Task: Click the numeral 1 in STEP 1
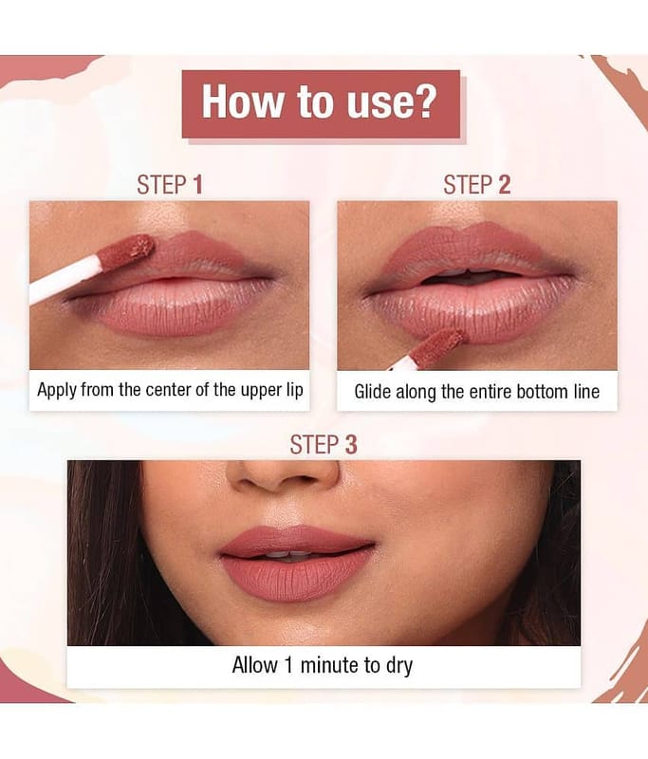197,184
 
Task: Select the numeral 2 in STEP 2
505,184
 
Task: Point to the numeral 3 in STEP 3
351,444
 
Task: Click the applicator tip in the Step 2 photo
436,346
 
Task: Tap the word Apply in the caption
57,390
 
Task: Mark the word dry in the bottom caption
399,666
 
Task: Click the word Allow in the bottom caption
254,665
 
